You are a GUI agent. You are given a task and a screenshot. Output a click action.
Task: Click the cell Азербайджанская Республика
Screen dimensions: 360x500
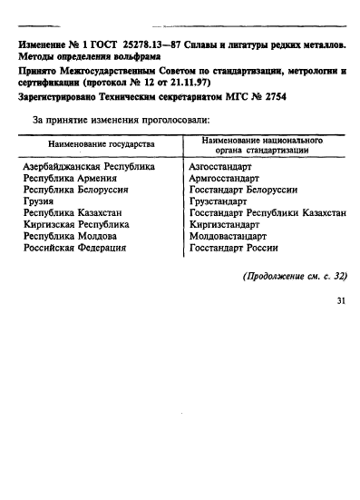(x=88, y=168)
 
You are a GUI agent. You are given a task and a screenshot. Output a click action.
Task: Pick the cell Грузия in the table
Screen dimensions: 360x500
(x=39, y=201)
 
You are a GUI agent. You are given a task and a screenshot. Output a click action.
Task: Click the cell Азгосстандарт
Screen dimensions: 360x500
(x=224, y=168)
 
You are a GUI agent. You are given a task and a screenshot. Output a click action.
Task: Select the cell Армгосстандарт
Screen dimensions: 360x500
(x=227, y=179)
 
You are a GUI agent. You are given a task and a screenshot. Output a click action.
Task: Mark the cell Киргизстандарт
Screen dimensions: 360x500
(x=228, y=224)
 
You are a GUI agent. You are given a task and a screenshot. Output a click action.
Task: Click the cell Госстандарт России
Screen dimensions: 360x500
(x=233, y=247)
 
